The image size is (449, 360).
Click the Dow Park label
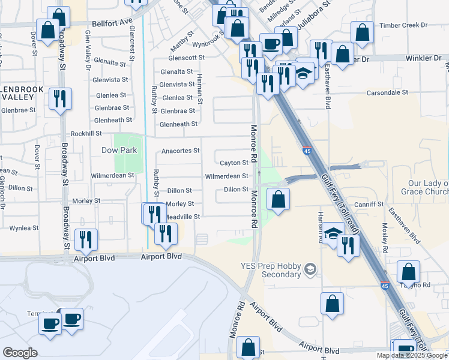[x=119, y=150]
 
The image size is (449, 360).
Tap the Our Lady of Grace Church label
[x=428, y=187]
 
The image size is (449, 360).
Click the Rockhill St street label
[x=86, y=133]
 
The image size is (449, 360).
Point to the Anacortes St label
[x=179, y=150]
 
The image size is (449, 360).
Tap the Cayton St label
[x=234, y=163]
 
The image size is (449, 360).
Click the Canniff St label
[x=369, y=204]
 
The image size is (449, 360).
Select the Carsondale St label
[x=388, y=93]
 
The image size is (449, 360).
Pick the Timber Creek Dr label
[x=406, y=25]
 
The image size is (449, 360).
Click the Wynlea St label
[x=24, y=228]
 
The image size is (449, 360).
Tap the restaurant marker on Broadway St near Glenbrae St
[x=60, y=99]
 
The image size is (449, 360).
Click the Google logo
[x=20, y=353]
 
